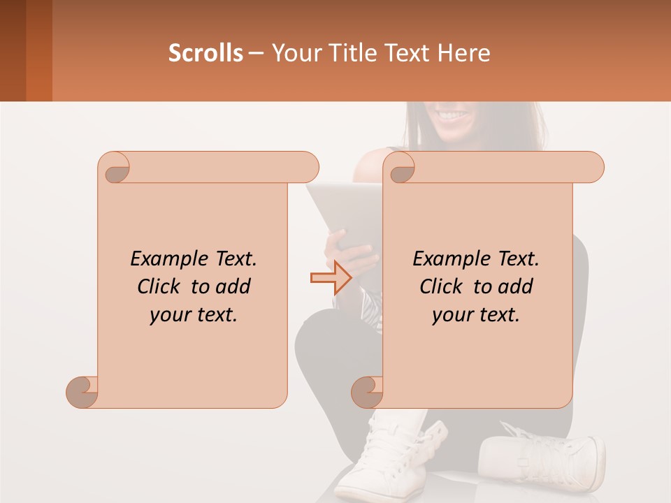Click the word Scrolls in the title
(x=205, y=53)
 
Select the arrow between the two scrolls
(x=331, y=278)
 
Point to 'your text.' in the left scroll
(x=194, y=315)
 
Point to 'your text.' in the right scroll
(x=476, y=315)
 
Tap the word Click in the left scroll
(x=160, y=286)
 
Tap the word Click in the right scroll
(x=442, y=286)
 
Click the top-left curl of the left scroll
(x=115, y=168)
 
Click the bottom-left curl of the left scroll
(x=82, y=392)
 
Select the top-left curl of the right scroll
(x=401, y=168)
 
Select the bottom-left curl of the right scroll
(x=367, y=392)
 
